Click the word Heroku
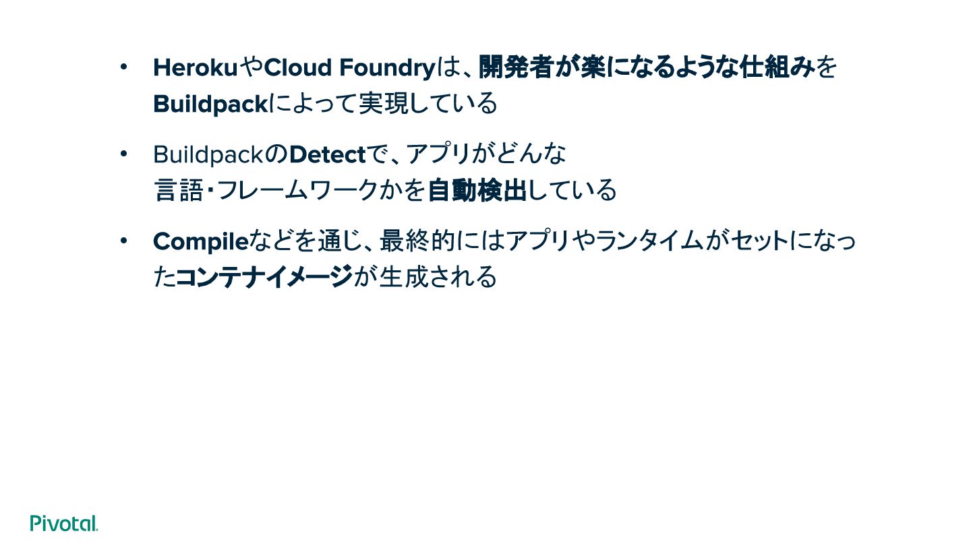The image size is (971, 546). click(196, 68)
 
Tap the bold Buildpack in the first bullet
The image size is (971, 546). click(210, 104)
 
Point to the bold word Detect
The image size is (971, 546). click(327, 155)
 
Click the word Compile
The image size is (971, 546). click(201, 241)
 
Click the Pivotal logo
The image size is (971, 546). click(64, 523)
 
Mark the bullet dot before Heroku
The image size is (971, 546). click(123, 67)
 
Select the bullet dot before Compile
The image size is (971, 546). click(123, 241)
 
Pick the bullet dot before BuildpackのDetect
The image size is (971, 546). click(123, 154)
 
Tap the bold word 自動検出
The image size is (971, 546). click(477, 191)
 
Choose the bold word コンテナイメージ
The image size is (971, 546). click(264, 277)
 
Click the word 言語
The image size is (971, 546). click(179, 191)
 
